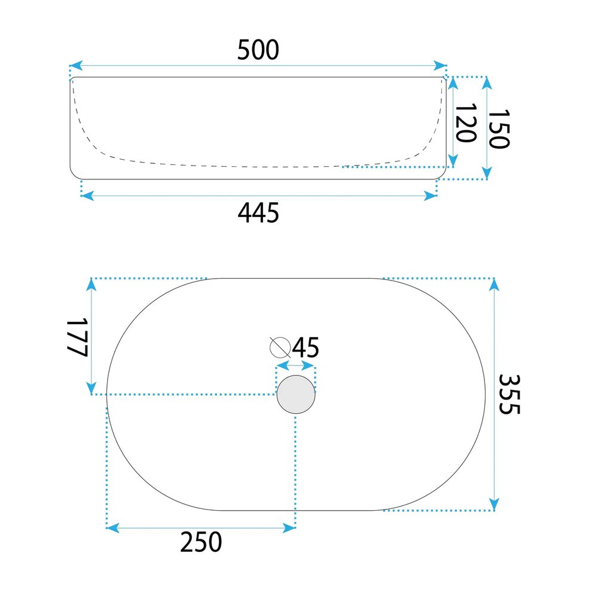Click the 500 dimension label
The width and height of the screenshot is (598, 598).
click(x=258, y=50)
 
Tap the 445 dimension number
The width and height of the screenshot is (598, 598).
click(x=258, y=213)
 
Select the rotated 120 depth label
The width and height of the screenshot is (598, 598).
click(x=466, y=123)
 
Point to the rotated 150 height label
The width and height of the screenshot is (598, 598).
click(x=499, y=129)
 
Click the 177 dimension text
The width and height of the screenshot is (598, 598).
click(x=77, y=337)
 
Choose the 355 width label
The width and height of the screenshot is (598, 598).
click(x=509, y=394)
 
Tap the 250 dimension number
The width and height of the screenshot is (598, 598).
click(x=201, y=542)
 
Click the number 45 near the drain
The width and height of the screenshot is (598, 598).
click(x=306, y=347)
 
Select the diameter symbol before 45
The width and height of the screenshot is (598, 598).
click(x=280, y=347)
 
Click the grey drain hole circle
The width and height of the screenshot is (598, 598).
click(x=296, y=394)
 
